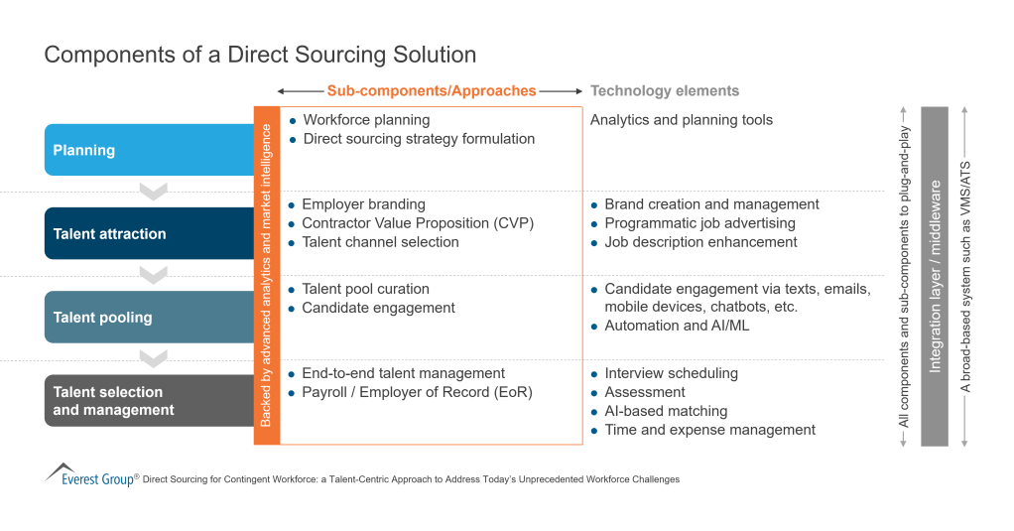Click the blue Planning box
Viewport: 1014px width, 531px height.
point(149,150)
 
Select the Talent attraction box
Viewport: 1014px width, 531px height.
point(149,233)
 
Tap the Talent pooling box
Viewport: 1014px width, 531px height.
point(149,317)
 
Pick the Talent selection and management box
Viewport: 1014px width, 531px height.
point(149,400)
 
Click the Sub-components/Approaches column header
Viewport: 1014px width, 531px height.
point(432,90)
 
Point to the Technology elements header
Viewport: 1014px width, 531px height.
point(665,90)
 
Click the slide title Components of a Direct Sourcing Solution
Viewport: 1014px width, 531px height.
point(260,55)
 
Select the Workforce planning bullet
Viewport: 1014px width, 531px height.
point(366,120)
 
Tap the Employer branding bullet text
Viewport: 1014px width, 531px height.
point(363,204)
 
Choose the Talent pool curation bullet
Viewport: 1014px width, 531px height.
point(365,289)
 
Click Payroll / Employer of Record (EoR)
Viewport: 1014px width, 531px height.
point(417,392)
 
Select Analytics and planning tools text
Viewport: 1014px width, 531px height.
point(682,120)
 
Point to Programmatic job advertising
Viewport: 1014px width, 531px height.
point(699,223)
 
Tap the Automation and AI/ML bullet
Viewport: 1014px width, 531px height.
point(677,326)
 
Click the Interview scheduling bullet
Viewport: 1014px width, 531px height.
point(671,373)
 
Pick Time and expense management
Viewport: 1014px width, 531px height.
point(709,430)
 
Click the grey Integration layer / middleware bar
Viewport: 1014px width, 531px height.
point(935,276)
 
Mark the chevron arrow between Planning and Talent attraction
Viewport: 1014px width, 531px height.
point(153,191)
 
